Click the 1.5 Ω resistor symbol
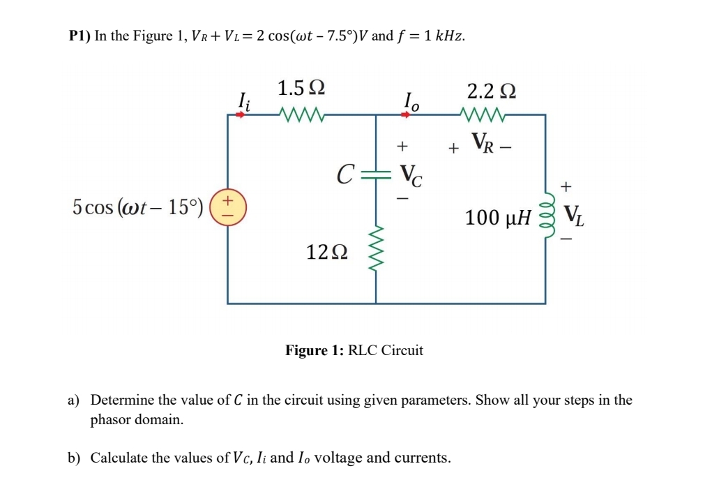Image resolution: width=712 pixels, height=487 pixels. coord(299,113)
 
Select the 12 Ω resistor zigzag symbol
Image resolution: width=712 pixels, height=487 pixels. coord(377,250)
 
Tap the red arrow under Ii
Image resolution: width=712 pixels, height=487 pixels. coord(241,114)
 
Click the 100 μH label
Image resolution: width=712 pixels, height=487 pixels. coord(497,218)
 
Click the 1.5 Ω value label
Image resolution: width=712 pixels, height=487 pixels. coord(301,89)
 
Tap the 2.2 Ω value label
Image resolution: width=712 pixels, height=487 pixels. coord(492,91)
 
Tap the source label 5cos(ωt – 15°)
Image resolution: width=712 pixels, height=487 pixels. coord(138,207)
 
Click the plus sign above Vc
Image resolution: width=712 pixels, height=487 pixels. coord(401,147)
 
